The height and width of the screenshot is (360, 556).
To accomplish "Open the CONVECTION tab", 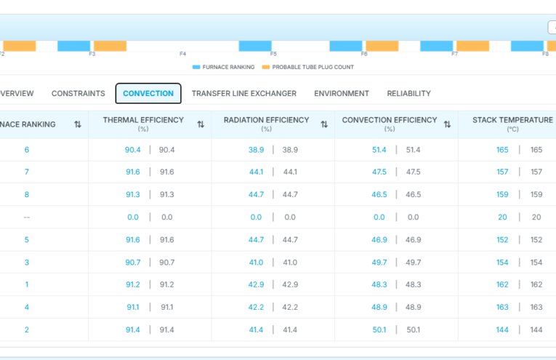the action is click(x=148, y=93).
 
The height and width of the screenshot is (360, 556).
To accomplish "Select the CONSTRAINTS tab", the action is click(x=78, y=93).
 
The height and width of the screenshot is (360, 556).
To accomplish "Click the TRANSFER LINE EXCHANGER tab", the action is click(x=244, y=93).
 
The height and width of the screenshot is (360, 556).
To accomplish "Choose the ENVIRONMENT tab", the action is click(x=342, y=93).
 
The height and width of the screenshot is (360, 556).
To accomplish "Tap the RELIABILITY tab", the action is click(x=409, y=93).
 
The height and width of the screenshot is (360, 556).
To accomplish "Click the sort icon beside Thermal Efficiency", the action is click(x=201, y=124).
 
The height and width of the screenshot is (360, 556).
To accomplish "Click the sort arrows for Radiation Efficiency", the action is click(x=324, y=124).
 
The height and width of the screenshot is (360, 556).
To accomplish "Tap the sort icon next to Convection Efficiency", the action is click(x=447, y=124).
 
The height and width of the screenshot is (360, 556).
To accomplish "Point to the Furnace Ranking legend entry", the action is click(x=223, y=67).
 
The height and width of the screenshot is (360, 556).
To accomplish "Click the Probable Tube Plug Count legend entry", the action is click(x=307, y=67).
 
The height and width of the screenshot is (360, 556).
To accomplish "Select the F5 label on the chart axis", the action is click(x=273, y=54).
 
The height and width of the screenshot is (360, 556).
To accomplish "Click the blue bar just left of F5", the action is click(x=255, y=46).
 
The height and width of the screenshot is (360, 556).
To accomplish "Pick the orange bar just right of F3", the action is click(x=110, y=46).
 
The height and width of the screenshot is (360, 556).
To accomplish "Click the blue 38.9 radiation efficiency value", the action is click(x=256, y=150).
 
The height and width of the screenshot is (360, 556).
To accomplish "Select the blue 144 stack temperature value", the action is click(x=502, y=330).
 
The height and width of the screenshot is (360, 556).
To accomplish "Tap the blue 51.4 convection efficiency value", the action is click(x=379, y=150).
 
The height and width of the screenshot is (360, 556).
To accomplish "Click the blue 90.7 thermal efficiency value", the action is click(x=132, y=263).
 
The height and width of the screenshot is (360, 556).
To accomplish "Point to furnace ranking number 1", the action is click(x=27, y=284).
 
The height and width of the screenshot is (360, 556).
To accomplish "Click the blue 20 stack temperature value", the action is click(x=502, y=217).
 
